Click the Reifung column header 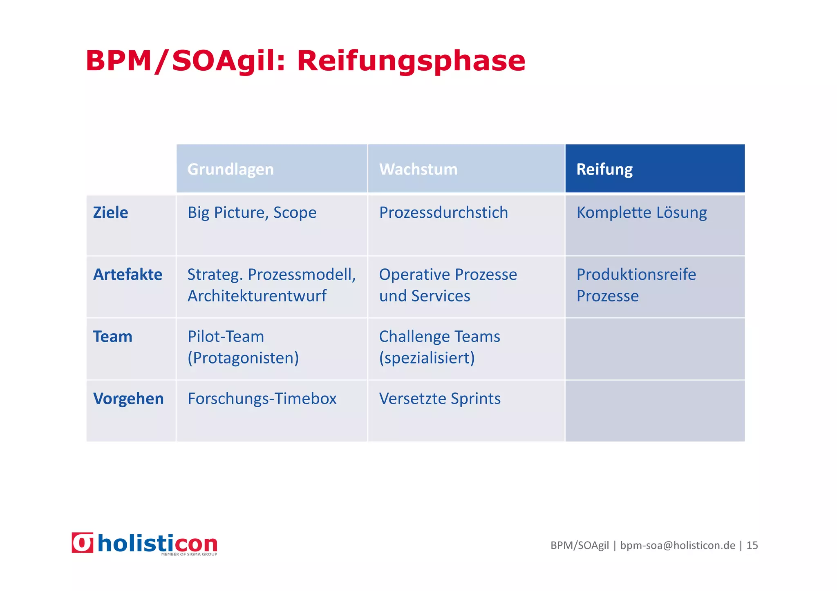(x=604, y=169)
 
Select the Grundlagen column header (x=231, y=169)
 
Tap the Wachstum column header (x=418, y=169)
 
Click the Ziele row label (x=110, y=213)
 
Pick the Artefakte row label (x=128, y=274)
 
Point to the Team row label (x=113, y=337)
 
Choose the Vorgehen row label (x=128, y=399)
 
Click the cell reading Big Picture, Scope (x=252, y=213)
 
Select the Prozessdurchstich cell (x=443, y=213)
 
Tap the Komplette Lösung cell (x=641, y=213)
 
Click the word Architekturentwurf (x=257, y=296)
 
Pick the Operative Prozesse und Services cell (x=448, y=285)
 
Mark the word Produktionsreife (x=636, y=274)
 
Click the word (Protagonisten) (x=243, y=358)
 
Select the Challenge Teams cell (x=439, y=347)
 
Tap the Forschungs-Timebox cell (x=262, y=399)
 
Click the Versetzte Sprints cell (x=440, y=399)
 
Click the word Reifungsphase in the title (x=411, y=61)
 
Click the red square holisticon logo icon (x=83, y=543)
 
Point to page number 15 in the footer (x=752, y=545)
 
